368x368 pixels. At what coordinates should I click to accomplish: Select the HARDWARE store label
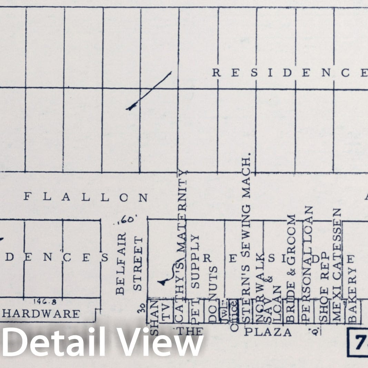pyautogui.click(x=41, y=314)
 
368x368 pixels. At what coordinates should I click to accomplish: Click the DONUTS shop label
pyautogui.click(x=213, y=293)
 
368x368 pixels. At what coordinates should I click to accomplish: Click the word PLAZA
pyautogui.click(x=268, y=332)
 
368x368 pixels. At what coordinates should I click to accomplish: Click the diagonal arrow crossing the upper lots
pyautogui.click(x=149, y=92)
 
